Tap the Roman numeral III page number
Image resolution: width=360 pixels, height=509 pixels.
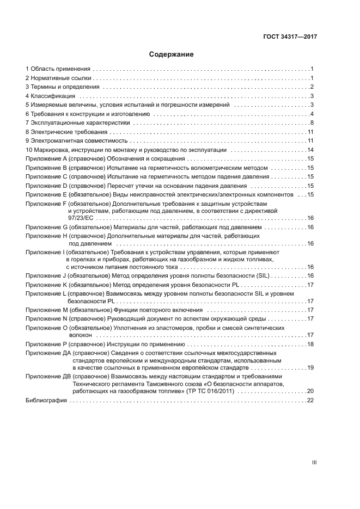click(x=314, y=463)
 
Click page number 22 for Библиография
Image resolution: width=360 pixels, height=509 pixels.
click(x=311, y=400)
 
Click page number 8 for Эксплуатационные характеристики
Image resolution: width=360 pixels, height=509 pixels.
click(x=313, y=123)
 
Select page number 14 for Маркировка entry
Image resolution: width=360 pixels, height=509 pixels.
click(x=311, y=150)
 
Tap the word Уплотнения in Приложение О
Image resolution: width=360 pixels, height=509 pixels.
click(x=130, y=328)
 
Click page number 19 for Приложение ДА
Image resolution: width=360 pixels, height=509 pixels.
click(x=311, y=368)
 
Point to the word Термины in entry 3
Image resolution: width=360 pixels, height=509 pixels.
click(x=43, y=87)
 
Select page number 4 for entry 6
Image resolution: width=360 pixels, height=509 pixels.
click(x=313, y=114)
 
